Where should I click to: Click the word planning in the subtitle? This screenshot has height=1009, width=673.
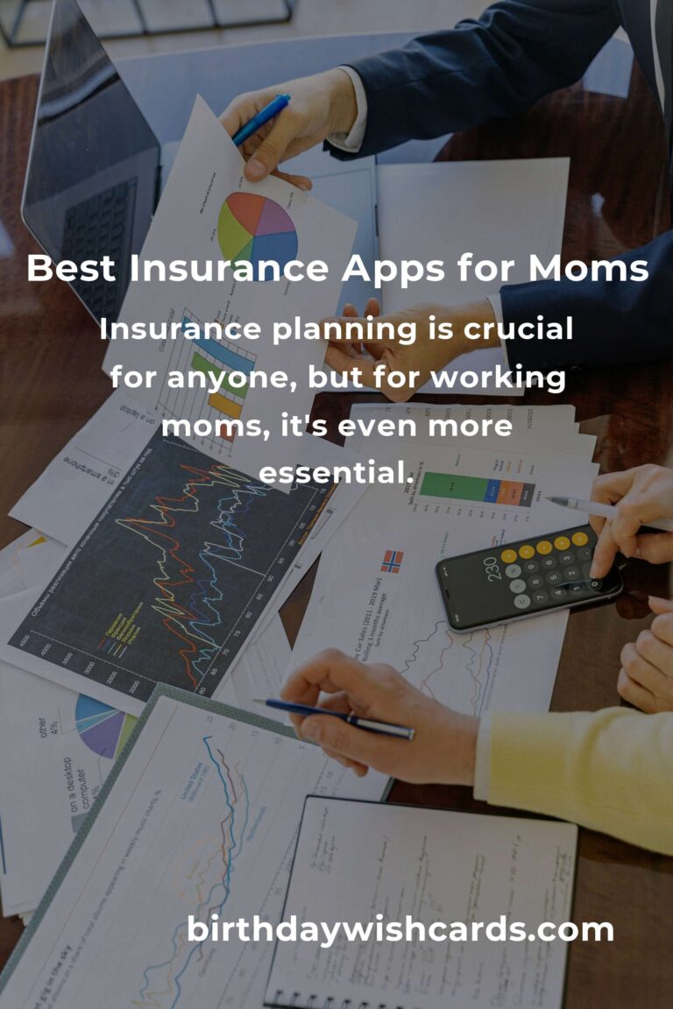click(x=340, y=331)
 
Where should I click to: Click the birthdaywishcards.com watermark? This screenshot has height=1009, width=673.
click(x=400, y=930)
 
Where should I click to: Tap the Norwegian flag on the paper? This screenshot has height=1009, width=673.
click(x=392, y=561)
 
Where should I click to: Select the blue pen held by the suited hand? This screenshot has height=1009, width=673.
click(x=260, y=120)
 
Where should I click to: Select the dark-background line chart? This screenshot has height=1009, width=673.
click(x=166, y=569)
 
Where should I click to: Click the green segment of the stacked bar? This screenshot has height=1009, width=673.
click(x=452, y=486)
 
